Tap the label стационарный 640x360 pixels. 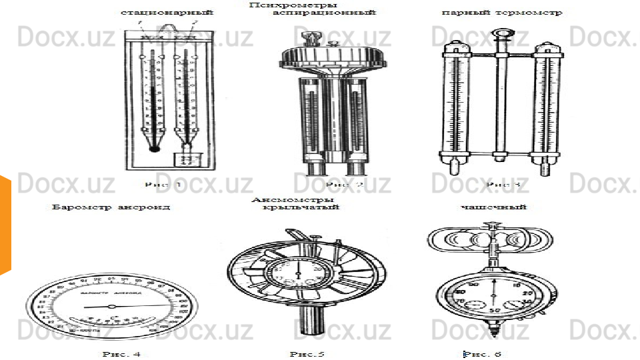click(167, 13)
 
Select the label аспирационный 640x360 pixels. click(325, 13)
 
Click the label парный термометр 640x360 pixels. click(502, 13)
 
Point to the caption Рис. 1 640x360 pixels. click(164, 183)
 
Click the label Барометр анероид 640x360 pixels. click(111, 207)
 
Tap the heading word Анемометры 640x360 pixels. click(293, 199)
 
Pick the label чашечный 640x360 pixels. click(494, 207)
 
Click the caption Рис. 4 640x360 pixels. click(121, 353)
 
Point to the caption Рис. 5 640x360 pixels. click(307, 353)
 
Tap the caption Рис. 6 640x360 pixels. click(485, 353)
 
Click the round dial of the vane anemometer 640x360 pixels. click(299, 273)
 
